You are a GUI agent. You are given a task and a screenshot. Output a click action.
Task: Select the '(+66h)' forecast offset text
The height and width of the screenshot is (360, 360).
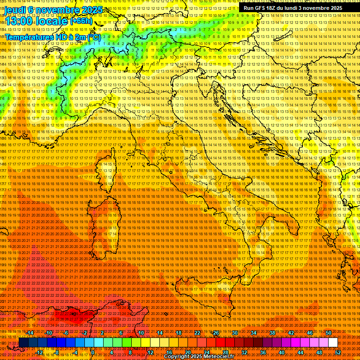pyautogui.click(x=81, y=21)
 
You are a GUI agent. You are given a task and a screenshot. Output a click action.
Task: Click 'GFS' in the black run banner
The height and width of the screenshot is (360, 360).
pyautogui.click(x=258, y=8)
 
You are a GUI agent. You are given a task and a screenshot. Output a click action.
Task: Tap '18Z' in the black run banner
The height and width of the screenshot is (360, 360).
pyautogui.click(x=271, y=8)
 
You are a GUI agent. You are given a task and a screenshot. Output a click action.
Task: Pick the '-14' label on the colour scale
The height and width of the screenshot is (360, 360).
pyautogui.click(x=30, y=333)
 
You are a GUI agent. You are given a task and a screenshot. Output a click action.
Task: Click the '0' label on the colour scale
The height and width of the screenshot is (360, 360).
pyautogui.click(x=93, y=352)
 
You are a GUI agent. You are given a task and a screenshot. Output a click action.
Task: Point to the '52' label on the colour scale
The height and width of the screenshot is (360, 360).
pyautogui.click(x=338, y=352)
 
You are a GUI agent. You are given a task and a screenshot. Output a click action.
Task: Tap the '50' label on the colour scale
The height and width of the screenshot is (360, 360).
pyautogui.click(x=328, y=333)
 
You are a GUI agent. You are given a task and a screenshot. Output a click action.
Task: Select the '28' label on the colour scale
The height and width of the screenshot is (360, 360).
pyautogui.click(x=225, y=352)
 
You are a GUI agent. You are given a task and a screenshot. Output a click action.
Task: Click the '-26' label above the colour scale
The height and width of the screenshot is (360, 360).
pyautogui.click(x=215, y=333)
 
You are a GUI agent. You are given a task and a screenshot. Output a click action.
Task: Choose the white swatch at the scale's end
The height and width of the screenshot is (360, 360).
pyautogui.click(x=333, y=343)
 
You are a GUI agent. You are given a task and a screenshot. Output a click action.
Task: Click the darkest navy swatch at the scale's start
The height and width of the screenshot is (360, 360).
pyautogui.click(x=23, y=343)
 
